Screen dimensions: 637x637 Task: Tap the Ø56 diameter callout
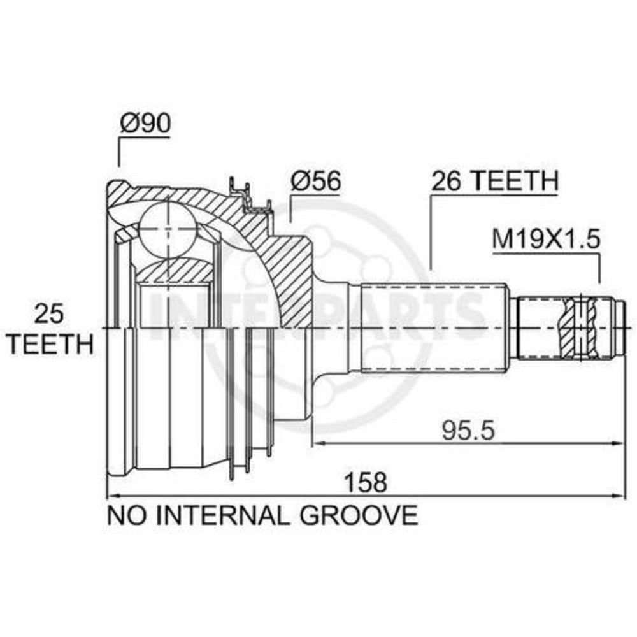tap(316, 180)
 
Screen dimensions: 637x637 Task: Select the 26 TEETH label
tap(495, 181)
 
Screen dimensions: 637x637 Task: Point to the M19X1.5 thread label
tap(546, 240)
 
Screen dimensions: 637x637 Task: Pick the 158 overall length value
tap(366, 483)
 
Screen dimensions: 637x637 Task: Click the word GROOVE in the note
tap(359, 515)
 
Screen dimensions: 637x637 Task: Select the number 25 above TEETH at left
tap(49, 314)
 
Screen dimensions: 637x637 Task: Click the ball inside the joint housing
tap(168, 229)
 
